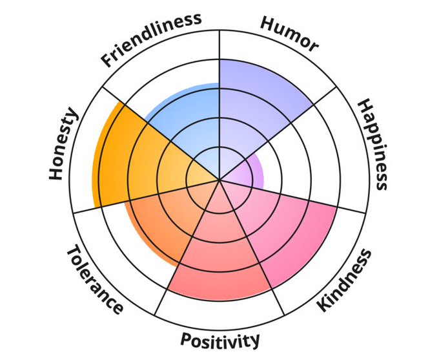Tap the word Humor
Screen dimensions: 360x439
tap(289, 33)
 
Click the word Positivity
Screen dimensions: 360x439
tap(220, 339)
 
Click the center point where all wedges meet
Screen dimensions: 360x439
tap(219, 180)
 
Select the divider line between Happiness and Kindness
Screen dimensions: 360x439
tap(310, 201)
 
